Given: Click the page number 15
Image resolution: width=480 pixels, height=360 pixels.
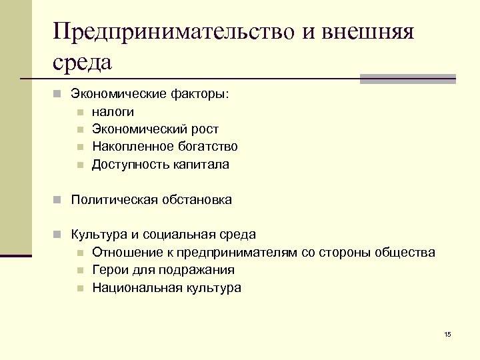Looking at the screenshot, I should pyautogui.click(x=447, y=334).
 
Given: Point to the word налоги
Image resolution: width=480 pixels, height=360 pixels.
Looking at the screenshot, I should pyautogui.click(x=113, y=112).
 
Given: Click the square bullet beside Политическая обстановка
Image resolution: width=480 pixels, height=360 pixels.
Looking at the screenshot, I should pyautogui.click(x=59, y=199).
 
